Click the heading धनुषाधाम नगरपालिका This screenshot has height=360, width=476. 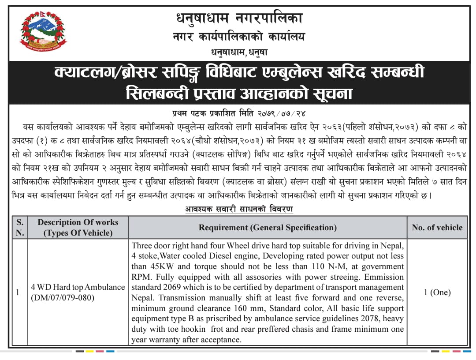click(239, 19)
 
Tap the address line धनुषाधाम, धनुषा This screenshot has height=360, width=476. click(239, 52)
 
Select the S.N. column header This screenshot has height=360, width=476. click(20, 227)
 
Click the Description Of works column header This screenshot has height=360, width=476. click(78, 227)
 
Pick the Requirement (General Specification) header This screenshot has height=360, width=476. click(268, 228)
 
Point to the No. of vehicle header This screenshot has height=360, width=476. click(437, 228)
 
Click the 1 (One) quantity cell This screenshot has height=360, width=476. click(437, 292)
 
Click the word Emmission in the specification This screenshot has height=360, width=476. click(383, 277)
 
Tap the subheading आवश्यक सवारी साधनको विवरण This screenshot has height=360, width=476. click(239, 209)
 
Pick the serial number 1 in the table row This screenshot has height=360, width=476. click(18, 292)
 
